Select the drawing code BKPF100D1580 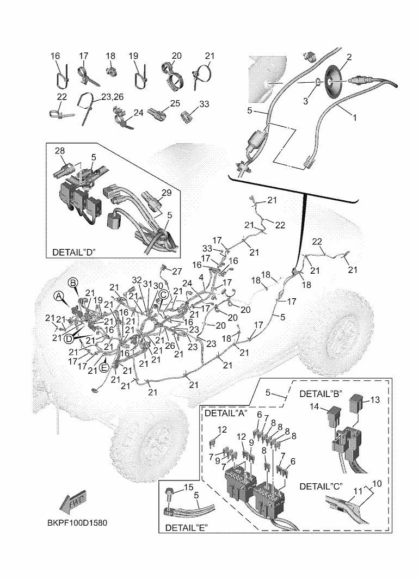point(76,523)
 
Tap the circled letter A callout point(58,295)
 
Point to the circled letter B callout point(73,282)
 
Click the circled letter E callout point(103,360)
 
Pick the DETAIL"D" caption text point(73,252)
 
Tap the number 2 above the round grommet point(349,57)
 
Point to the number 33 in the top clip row point(189,103)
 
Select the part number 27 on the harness point(177,271)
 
